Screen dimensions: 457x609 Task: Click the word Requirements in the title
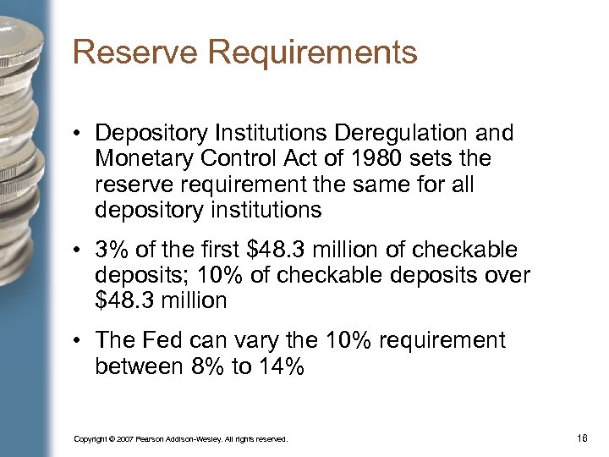(x=311, y=52)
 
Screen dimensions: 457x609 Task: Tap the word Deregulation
(x=400, y=134)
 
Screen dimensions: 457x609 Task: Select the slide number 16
(x=581, y=438)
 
